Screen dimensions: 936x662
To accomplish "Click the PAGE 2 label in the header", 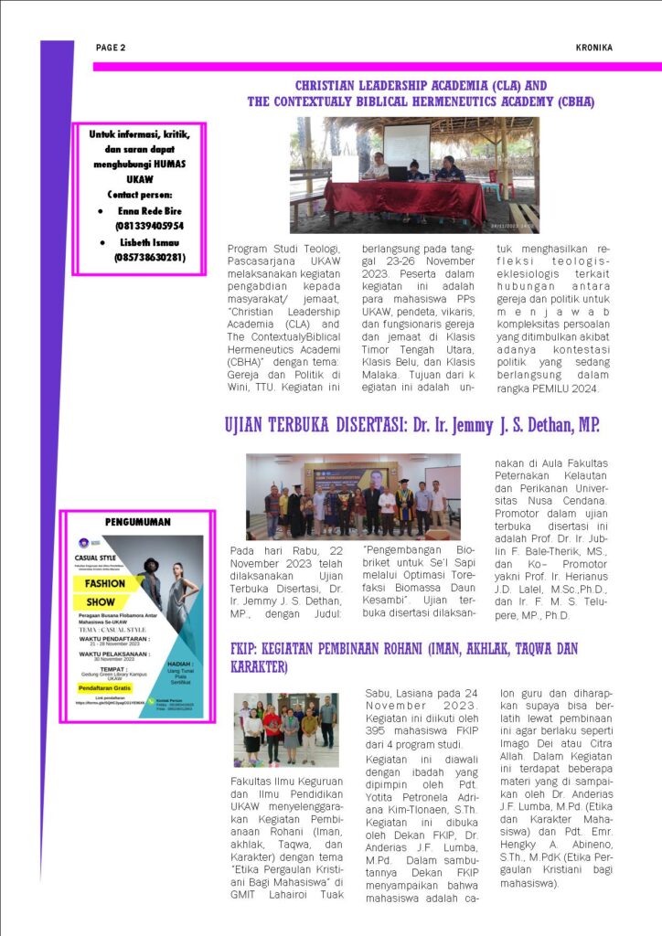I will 111,48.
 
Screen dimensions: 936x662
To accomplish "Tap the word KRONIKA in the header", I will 594,48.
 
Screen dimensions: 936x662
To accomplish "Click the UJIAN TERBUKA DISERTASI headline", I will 411,425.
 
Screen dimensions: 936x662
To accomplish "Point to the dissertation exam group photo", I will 353,496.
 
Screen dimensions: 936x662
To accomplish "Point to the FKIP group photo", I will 286,729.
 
